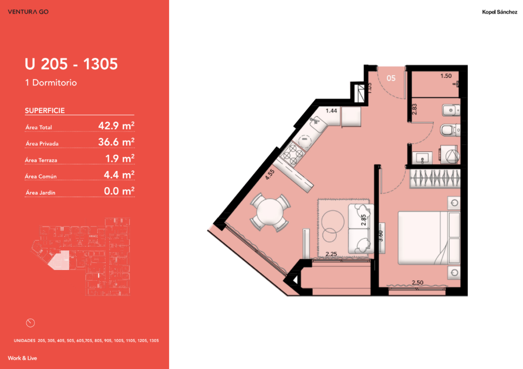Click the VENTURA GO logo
28,12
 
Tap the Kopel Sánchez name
499,12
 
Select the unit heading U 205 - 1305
71,64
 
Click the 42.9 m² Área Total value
116,126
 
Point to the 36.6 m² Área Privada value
116,142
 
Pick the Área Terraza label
41,160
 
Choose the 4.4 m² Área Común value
119,175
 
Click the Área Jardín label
41,193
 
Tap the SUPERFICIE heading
45,110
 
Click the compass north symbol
30,323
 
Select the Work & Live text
22,358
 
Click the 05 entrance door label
391,78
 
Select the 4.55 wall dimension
270,175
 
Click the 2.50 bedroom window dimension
417,282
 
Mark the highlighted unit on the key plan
60,260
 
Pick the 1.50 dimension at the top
446,76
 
